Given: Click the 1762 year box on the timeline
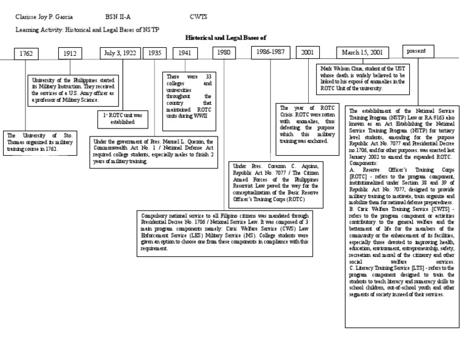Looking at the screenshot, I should click(x=25, y=53).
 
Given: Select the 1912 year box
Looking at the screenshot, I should click(x=71, y=53).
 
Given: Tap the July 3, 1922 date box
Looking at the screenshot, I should click(x=120, y=53).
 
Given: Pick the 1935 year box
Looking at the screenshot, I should click(x=154, y=53).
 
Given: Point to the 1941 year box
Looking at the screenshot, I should click(x=185, y=53).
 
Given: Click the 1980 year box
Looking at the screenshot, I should click(x=224, y=53).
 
